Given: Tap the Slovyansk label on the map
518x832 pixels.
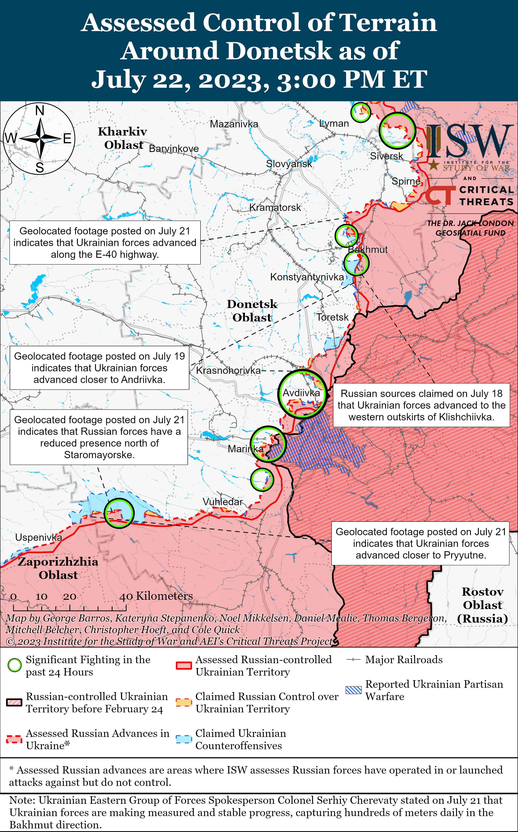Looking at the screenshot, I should coord(289,164).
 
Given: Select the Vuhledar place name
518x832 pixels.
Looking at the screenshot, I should coord(222,502).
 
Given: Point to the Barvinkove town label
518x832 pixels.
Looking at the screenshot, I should coord(174,149).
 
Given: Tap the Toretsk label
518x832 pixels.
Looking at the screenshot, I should coord(332,317).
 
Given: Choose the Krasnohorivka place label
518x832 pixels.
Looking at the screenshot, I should coord(228,370).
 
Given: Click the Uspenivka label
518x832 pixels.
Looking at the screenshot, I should coord(38,537).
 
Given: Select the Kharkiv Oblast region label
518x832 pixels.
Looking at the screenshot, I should coord(123,138).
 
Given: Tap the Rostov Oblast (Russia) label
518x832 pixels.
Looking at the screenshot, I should coord(482,605).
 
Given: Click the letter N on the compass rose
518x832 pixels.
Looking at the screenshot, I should coord(40,111).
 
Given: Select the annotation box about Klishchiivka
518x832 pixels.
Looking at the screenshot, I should coord(421,405).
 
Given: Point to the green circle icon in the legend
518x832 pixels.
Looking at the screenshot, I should coord(14,665).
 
